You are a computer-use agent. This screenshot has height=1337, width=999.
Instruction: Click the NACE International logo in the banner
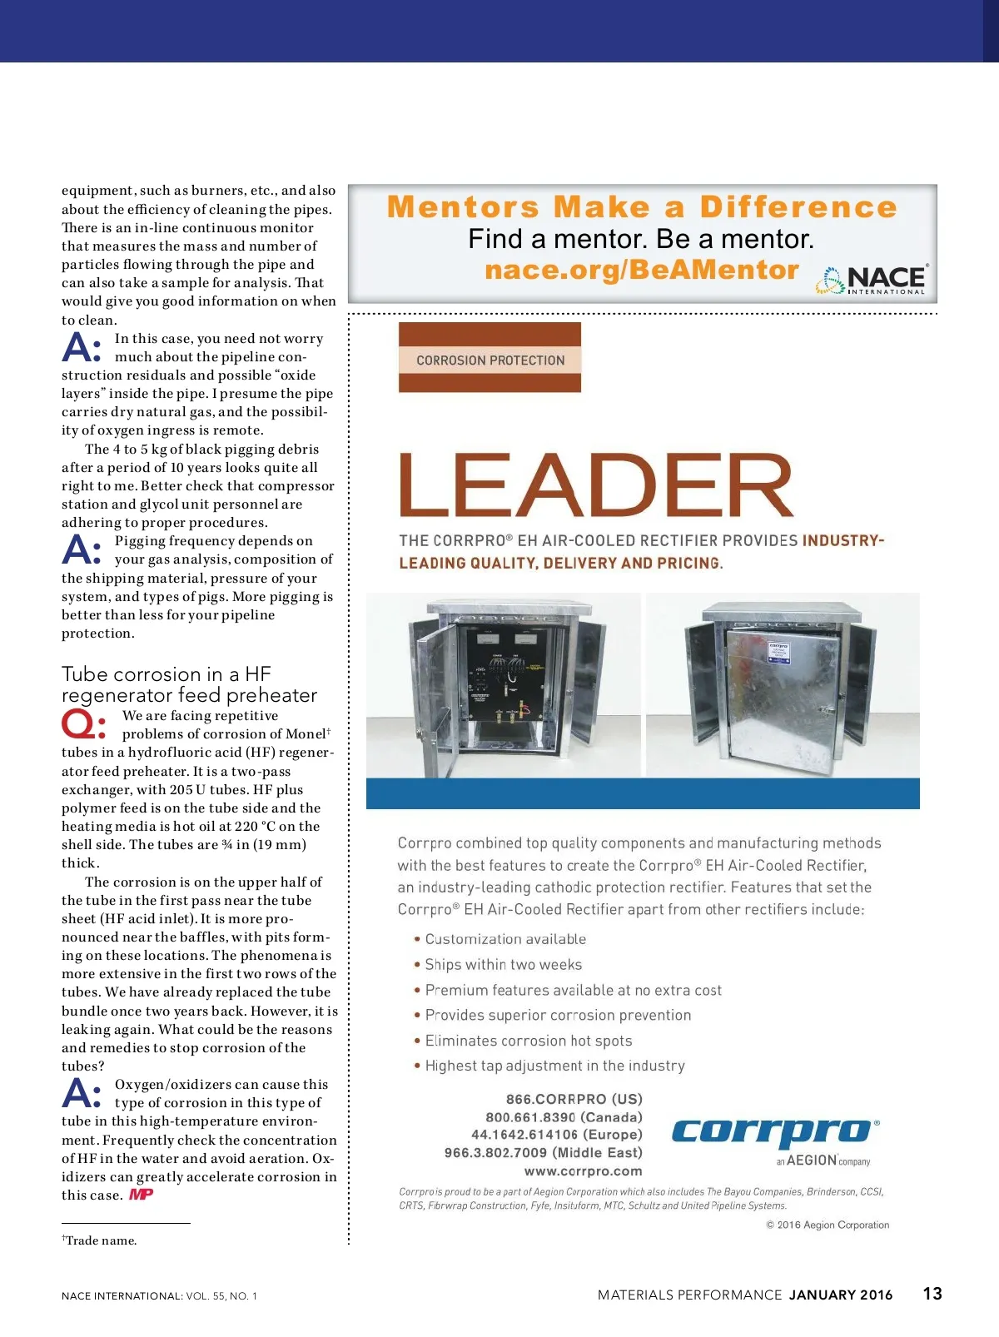pos(873,279)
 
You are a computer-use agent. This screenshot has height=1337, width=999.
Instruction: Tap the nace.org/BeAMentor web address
pos(641,270)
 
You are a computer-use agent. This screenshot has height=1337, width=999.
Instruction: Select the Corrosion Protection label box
pos(490,360)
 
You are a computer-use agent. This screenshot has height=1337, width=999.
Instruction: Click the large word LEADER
pos(596,485)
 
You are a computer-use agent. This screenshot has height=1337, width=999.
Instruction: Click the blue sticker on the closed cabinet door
pos(778,651)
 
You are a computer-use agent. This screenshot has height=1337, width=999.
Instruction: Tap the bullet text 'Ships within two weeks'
pos(503,964)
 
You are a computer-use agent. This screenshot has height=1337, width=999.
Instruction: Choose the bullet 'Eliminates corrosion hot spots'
pos(528,1041)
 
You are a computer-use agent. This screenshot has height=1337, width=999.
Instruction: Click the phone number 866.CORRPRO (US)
pos(574,1099)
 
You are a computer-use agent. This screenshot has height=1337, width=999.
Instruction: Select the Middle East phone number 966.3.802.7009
pos(544,1152)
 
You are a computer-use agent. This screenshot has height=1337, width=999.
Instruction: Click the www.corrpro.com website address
pos(583,1170)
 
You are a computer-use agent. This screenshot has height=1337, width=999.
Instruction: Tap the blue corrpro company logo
pos(773,1132)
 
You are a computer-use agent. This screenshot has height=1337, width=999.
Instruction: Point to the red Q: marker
pos(83,724)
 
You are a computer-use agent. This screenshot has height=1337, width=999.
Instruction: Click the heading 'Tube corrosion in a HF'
pos(166,673)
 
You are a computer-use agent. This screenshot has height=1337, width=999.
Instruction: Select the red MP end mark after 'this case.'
pos(141,1195)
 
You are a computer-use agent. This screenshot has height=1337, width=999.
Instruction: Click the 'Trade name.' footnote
pos(100,1240)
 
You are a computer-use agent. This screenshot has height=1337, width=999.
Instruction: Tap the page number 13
pos(932,1294)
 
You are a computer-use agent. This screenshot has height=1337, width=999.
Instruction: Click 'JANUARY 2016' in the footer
pos(841,1295)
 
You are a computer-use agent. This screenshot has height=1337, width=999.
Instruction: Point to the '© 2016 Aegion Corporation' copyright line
pos(828,1225)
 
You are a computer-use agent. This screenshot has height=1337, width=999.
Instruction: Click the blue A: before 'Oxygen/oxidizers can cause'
pos(82,1093)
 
